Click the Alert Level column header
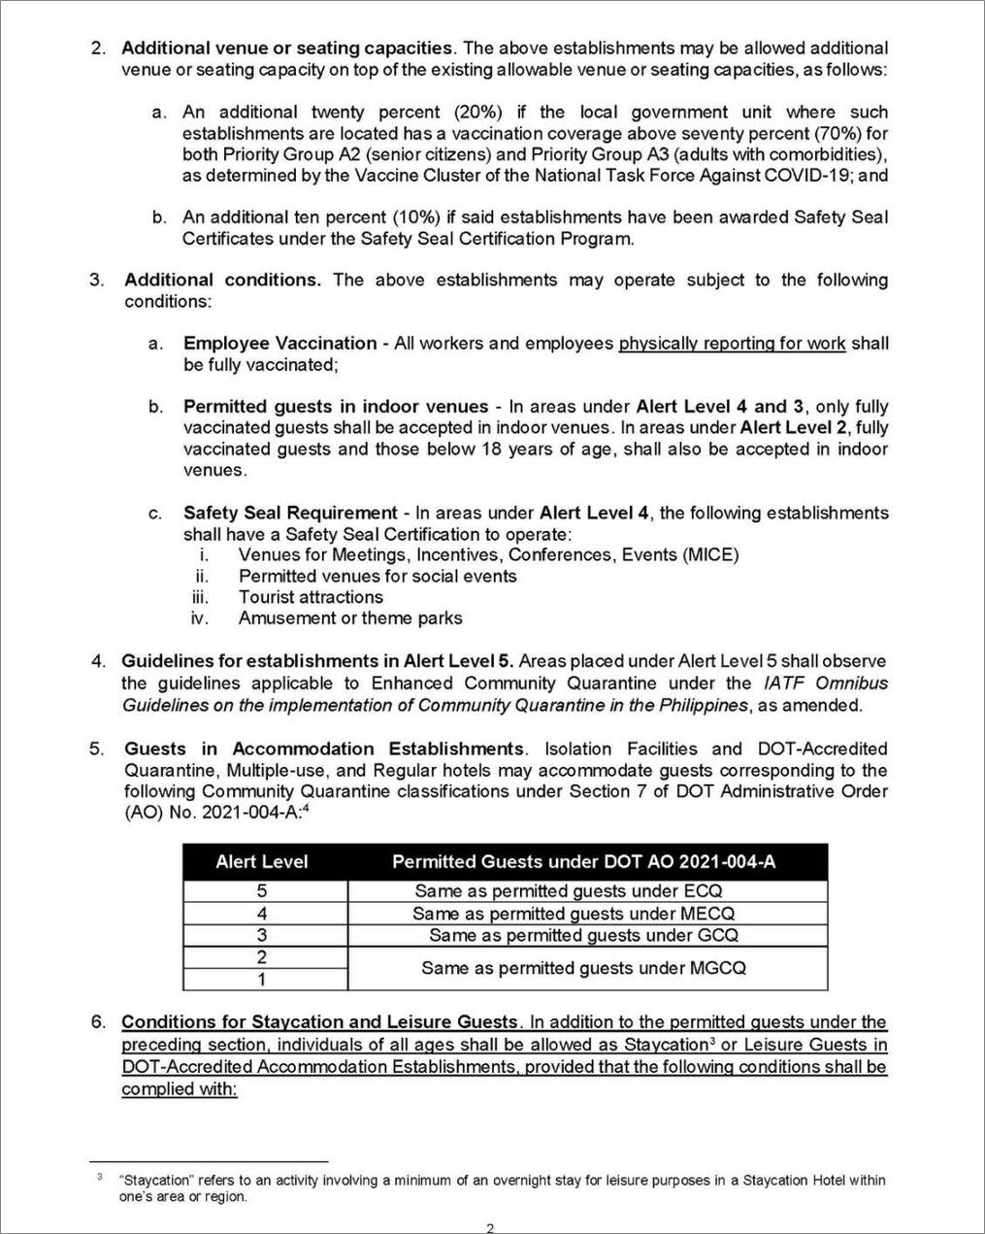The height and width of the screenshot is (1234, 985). point(262,861)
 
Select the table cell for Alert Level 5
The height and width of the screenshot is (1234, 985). point(262,890)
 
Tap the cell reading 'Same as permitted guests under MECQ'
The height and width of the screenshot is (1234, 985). point(574,914)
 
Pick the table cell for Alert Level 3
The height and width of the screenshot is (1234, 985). point(262,936)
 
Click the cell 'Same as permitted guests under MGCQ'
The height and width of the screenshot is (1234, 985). point(583,968)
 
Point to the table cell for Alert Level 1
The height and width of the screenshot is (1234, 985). point(262,980)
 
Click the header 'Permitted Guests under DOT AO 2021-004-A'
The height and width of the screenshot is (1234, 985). point(583,861)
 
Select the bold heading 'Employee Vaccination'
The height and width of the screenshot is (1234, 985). point(279,343)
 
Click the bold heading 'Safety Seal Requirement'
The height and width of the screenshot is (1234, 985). point(290,513)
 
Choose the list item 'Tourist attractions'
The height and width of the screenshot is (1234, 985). point(311,597)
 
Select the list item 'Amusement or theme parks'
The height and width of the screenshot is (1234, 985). point(350,618)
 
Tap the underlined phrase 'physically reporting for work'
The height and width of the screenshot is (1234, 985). point(732,344)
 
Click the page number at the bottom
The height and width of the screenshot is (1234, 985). point(490,1227)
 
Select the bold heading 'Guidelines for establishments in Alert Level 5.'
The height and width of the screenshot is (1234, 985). point(317,661)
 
